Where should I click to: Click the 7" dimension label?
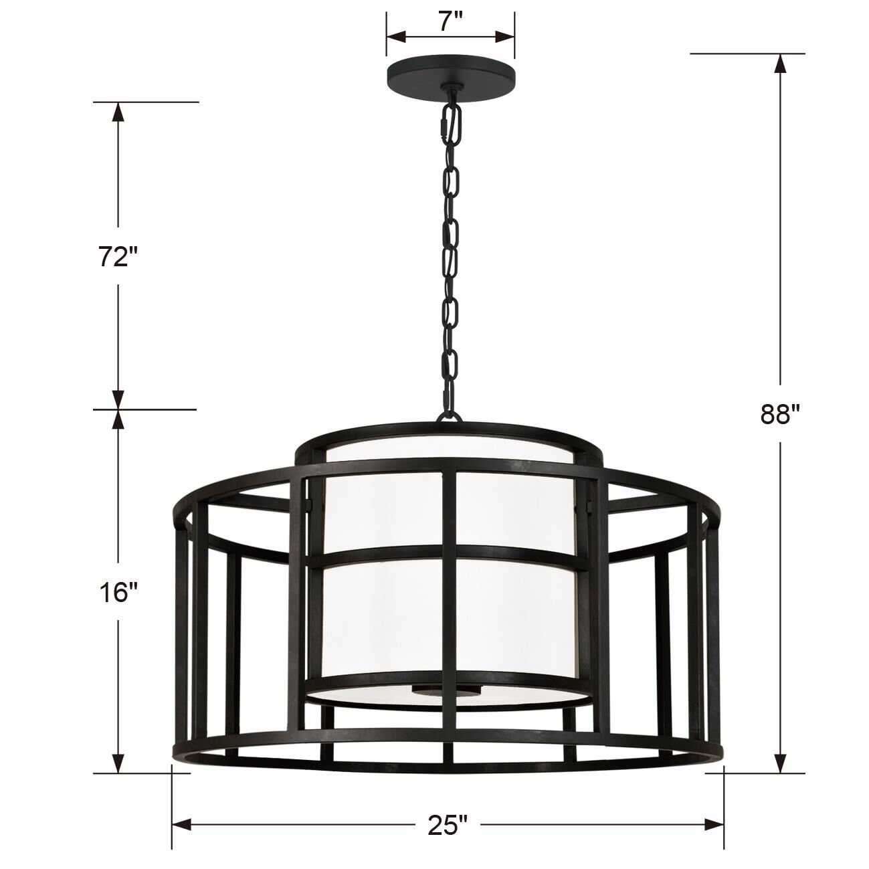451,22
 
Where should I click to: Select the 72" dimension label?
118,256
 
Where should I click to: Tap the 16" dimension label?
118,591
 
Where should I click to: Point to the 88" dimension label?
779,414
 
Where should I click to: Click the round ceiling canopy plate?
450,74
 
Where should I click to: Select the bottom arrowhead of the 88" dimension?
779,764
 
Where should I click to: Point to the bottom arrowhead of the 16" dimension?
118,764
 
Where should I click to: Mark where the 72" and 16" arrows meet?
118,409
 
